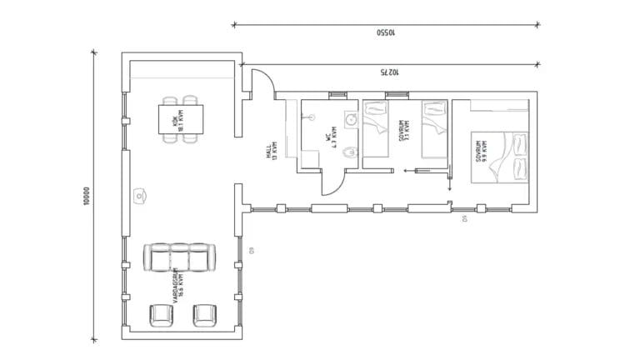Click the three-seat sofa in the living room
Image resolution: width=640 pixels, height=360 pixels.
[x=181, y=257]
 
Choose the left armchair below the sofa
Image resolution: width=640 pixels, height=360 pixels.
[x=161, y=316]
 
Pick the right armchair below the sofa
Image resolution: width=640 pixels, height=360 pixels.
[x=204, y=316]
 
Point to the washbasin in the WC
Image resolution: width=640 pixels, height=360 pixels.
[x=352, y=119]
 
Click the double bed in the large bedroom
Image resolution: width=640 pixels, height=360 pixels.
[x=500, y=156]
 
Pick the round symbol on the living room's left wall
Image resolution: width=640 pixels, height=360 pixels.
[x=138, y=197]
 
